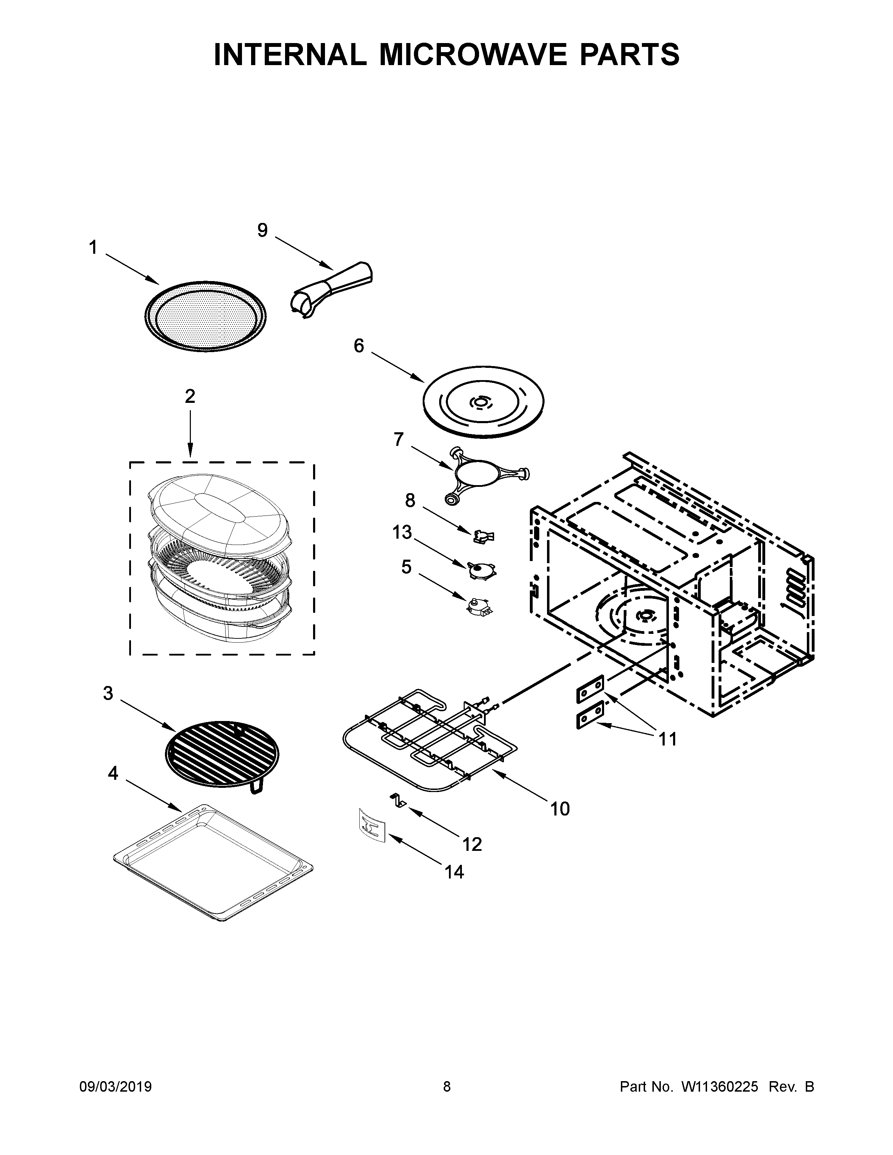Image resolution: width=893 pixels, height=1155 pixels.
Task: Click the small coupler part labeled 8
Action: pos(483,537)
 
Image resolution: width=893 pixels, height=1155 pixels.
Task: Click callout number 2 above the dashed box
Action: pos(190,396)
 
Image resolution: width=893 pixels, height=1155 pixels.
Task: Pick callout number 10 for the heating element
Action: pos(560,808)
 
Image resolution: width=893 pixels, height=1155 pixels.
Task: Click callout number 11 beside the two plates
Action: pos(667,739)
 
